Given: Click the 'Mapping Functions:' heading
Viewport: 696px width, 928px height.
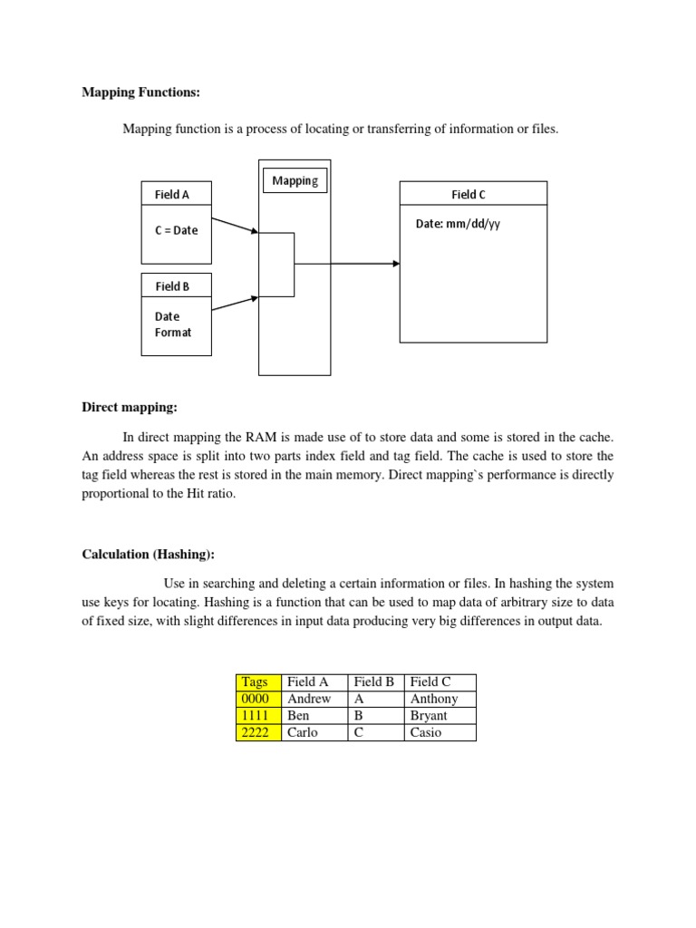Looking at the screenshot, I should [141, 92].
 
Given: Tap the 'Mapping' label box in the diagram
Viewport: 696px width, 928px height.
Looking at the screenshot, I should [295, 180].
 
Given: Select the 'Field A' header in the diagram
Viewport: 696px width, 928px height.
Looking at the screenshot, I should [172, 194].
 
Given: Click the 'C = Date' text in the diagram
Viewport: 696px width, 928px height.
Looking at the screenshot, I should [176, 230].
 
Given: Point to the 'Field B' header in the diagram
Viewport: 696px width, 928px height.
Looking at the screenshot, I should [172, 286].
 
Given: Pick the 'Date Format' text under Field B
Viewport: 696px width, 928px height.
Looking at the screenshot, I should [172, 324].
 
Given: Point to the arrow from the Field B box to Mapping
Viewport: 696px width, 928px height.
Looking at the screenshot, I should [235, 303].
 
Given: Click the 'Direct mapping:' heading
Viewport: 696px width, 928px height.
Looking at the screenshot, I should [130, 409].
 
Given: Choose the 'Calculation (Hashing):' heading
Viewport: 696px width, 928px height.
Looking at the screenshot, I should [148, 555].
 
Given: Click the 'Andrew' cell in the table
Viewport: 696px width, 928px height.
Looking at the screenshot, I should [309, 699].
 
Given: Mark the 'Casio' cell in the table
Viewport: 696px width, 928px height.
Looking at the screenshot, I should [426, 732].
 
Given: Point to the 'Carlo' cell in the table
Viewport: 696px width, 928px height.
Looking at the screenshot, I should [303, 732].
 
